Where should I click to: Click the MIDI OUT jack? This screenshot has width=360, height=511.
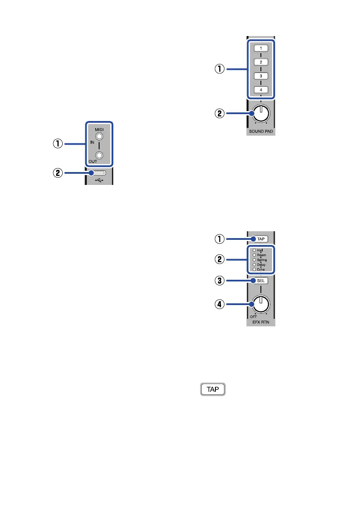(100, 155)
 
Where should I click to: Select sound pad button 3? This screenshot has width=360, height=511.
(261, 76)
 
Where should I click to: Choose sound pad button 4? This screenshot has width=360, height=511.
(261, 90)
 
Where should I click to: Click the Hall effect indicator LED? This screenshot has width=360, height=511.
(254, 250)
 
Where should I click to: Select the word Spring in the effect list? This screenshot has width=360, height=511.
(261, 260)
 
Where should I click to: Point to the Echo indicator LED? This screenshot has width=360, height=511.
(254, 269)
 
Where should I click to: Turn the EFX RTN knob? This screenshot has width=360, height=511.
(261, 304)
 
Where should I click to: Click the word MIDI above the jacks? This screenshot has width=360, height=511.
(99, 129)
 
